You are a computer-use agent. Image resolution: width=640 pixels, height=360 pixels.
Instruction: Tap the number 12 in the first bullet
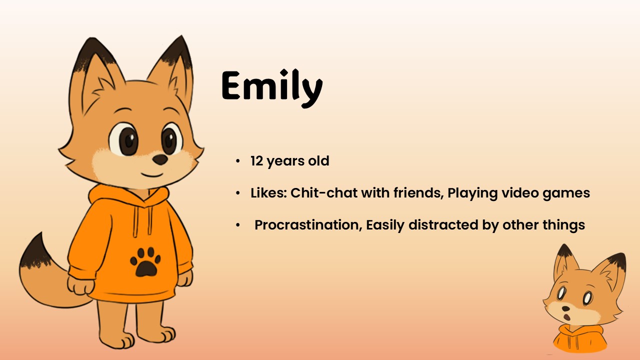tap(256, 161)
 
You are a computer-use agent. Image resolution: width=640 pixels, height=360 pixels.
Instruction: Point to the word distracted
tap(443, 225)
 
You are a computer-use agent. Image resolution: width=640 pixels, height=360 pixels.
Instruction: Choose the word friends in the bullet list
tap(418, 193)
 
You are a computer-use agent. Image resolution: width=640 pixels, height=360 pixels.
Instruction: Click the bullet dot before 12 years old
tap(237, 161)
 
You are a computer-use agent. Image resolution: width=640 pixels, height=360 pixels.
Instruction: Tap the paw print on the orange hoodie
tap(145, 262)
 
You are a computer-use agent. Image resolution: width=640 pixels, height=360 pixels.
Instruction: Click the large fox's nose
tap(160, 159)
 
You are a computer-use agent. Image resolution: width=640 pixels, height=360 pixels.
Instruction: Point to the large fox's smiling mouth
tap(152, 174)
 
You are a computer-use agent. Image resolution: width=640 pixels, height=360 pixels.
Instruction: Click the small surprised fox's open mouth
tap(567, 316)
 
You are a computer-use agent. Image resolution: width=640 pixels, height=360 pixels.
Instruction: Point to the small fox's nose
tap(565, 308)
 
